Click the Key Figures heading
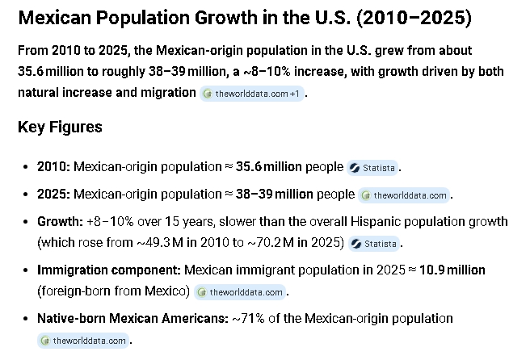60,128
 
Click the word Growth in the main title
226,18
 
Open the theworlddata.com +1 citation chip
252,94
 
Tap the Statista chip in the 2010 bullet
372,168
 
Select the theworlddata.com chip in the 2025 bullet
404,195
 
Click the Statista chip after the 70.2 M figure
374,244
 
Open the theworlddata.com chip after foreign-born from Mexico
240,292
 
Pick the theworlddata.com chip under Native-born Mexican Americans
83,341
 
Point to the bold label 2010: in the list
54,167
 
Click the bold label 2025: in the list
54,195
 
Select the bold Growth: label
60,222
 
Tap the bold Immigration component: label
109,270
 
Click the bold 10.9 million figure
452,270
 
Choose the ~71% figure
249,319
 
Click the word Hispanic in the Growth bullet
376,222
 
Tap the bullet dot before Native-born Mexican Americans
25,319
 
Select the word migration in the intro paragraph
168,93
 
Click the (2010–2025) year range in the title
414,18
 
